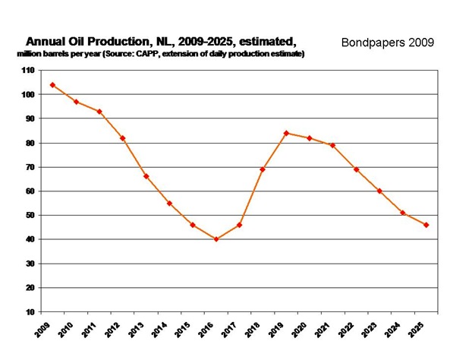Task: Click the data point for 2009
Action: pyautogui.click(x=52, y=85)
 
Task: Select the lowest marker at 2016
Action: pyautogui.click(x=216, y=239)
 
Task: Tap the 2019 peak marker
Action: pyautogui.click(x=287, y=133)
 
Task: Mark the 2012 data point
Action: pyautogui.click(x=122, y=138)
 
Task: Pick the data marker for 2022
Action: pyautogui.click(x=357, y=169)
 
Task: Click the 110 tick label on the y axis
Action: pyautogui.click(x=29, y=71)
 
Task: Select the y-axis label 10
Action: pyautogui.click(x=30, y=312)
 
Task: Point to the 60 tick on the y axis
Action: pyautogui.click(x=30, y=191)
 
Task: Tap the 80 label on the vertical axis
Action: pyautogui.click(x=30, y=143)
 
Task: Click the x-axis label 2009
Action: pyautogui.click(x=44, y=328)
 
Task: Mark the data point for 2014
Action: pyautogui.click(x=169, y=203)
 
